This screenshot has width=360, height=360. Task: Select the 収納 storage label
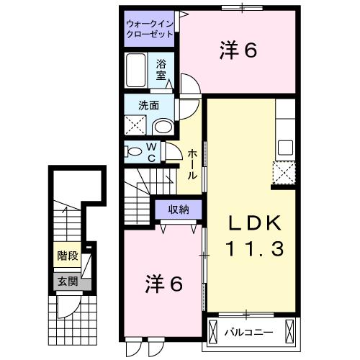(179, 210)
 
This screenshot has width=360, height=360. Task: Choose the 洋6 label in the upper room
(238, 50)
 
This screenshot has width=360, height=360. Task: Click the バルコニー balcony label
(248, 333)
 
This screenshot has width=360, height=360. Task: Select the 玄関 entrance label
(66, 282)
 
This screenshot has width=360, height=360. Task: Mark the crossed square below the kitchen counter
(285, 174)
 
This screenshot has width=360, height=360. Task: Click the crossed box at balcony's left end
(213, 333)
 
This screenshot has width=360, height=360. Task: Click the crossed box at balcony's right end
(289, 333)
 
